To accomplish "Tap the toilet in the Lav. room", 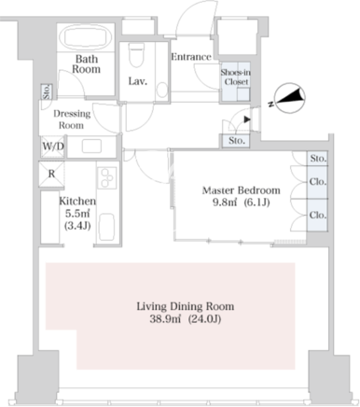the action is point(136,55).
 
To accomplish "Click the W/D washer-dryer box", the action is point(52,147).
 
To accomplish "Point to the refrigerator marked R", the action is point(51,174).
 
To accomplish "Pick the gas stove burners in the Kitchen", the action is point(107,177).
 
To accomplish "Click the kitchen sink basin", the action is point(106,227).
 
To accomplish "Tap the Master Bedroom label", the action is point(242,190).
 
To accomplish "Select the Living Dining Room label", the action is point(186,306).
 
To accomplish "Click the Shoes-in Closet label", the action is point(235,77).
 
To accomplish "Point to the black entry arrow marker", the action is point(247,119).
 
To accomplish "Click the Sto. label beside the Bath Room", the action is point(47,91).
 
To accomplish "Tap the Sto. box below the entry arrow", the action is point(236,141).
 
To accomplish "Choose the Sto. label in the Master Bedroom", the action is point(318,159).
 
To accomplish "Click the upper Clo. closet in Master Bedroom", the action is point(318,181).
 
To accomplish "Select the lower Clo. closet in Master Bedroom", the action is point(318,215).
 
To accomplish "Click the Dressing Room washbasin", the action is point(91,146).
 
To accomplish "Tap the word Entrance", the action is point(191,57).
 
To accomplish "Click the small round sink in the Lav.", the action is point(162,90).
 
